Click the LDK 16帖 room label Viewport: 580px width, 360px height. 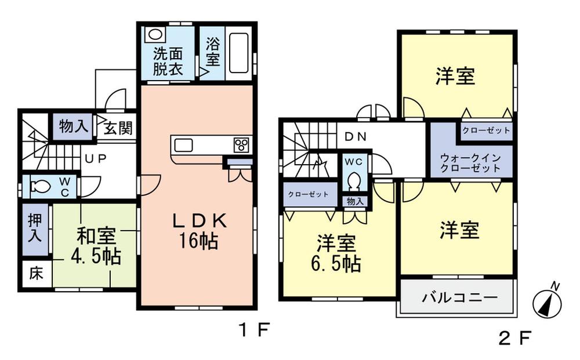point(197,231)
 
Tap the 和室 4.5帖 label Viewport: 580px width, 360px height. point(97,246)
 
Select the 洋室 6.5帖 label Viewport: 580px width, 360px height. point(338,253)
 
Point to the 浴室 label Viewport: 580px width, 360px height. point(212,52)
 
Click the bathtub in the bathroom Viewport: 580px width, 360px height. point(238,52)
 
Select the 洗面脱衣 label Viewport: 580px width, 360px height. point(168,61)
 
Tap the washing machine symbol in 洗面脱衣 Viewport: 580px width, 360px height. point(155,34)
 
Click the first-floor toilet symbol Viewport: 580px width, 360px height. point(41,187)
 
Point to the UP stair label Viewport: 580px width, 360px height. point(95,158)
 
